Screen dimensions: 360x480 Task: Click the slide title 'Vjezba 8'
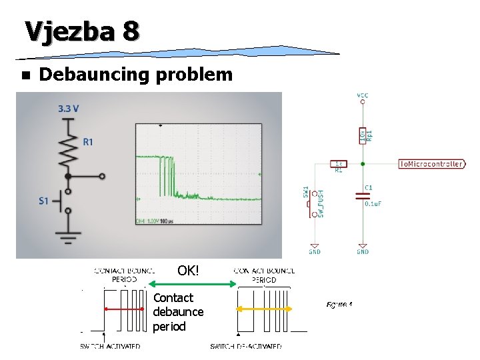point(82,31)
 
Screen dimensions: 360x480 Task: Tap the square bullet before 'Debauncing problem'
point(25,75)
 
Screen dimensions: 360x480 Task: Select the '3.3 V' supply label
point(69,108)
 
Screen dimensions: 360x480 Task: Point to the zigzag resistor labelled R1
point(68,151)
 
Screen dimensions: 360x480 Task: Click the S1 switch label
point(43,201)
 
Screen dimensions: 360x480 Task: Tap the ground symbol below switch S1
point(68,237)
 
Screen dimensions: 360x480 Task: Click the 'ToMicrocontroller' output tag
point(431,164)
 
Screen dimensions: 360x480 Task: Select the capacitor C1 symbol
point(362,197)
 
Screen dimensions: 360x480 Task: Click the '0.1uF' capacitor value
point(373,204)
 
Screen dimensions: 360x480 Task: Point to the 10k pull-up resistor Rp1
point(362,135)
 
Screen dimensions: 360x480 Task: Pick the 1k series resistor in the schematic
point(338,163)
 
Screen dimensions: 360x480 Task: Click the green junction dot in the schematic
point(362,163)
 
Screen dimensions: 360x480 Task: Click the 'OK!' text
point(188,271)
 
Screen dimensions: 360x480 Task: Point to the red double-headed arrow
point(123,309)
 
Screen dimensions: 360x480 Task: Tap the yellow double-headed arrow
point(265,309)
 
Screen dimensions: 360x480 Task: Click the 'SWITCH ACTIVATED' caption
point(110,346)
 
